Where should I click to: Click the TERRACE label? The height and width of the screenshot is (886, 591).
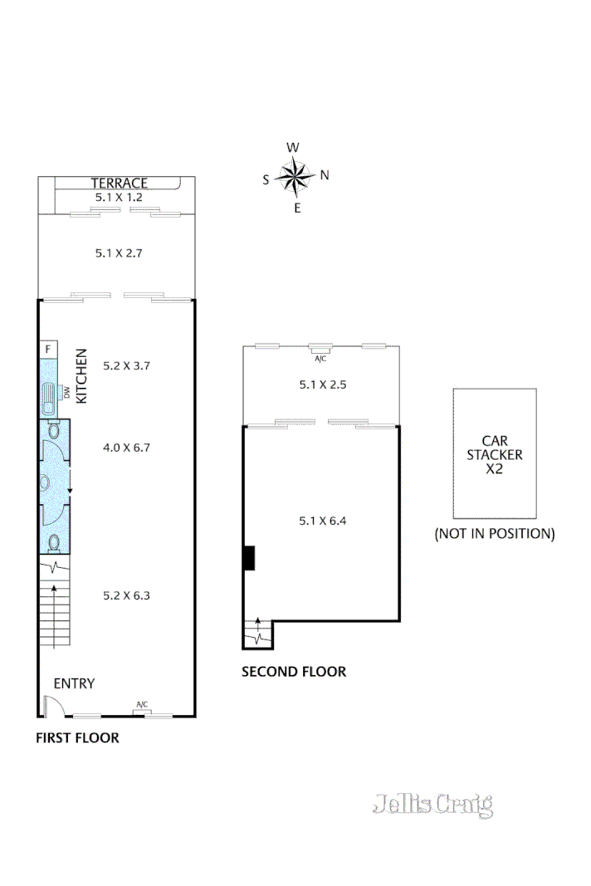tap(119, 184)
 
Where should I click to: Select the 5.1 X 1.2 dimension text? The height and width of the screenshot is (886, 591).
tap(119, 198)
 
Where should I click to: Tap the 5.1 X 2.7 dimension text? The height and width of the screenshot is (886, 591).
tap(119, 252)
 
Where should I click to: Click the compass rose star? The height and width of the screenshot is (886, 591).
tap(293, 175)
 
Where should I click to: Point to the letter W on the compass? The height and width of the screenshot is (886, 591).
tap(293, 148)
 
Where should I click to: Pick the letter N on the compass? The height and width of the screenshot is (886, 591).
tap(325, 175)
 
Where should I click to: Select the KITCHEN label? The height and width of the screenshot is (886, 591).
tap(81, 376)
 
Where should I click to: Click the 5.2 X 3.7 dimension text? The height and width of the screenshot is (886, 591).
tap(126, 365)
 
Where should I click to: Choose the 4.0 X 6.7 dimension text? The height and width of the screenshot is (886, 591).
tap(126, 448)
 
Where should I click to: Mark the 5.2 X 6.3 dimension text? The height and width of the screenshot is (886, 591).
tap(126, 595)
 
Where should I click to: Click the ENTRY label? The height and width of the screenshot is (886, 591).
tap(74, 684)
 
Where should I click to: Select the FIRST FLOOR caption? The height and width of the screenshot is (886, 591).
tap(77, 737)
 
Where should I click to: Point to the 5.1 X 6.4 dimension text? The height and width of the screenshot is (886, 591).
tap(322, 521)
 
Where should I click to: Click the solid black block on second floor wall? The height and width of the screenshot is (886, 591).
tap(248, 558)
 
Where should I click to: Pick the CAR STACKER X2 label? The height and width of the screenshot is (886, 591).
tap(495, 454)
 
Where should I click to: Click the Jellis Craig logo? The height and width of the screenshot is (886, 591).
tap(433, 805)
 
